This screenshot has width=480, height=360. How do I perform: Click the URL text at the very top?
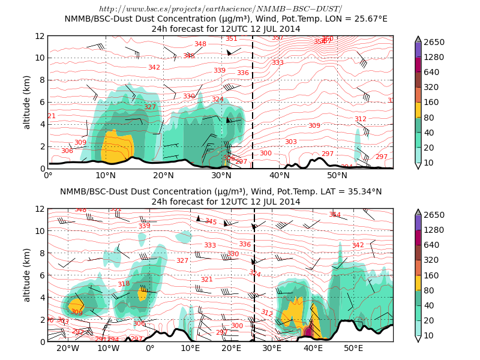[220, 9]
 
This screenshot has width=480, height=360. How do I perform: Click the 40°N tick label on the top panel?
[279, 175]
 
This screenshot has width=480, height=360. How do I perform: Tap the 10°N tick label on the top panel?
[106, 175]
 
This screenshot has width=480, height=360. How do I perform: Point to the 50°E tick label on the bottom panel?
[353, 349]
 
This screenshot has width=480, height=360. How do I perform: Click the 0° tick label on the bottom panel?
[150, 349]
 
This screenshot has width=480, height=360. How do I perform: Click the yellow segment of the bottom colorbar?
[418, 283]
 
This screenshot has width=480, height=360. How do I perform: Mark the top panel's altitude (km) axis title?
[27, 102]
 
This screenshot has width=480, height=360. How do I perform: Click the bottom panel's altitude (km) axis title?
[27, 275]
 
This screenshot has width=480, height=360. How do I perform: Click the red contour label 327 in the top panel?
[149, 107]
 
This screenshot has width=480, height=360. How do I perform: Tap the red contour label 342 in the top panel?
[154, 67]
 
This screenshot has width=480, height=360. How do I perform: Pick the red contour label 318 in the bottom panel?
[124, 284]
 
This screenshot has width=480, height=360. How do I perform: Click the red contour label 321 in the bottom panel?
[206, 280]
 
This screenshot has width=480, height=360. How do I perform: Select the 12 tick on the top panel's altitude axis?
[40, 36]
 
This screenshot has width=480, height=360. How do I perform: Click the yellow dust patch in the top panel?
[117, 147]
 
